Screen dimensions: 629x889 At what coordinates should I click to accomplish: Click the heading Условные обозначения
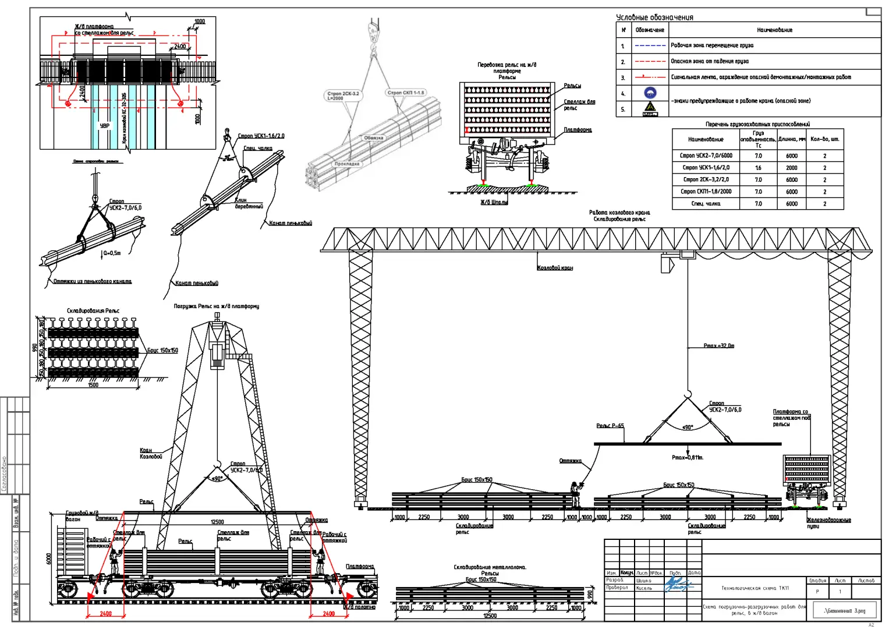coord(654,17)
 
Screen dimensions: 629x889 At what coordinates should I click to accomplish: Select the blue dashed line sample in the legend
coord(650,45)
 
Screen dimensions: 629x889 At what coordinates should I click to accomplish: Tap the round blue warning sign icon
coord(650,93)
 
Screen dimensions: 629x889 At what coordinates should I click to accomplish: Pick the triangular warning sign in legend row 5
coord(650,108)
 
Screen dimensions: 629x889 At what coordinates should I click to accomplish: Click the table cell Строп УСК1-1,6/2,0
coord(706,168)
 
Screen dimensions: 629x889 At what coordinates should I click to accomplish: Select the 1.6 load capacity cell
coord(758,168)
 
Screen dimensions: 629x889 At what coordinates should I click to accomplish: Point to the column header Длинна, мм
coord(791,139)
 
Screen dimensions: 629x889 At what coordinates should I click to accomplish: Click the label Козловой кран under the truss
coord(554,268)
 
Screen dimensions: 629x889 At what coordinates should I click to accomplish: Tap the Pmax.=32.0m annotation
coord(718,346)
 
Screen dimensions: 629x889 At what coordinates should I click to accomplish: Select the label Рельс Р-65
coord(610,426)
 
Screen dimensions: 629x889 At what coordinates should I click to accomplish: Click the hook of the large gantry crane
coord(688,393)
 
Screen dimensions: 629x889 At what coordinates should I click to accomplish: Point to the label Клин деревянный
coord(249,203)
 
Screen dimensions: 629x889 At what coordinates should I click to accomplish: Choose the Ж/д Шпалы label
coord(494,202)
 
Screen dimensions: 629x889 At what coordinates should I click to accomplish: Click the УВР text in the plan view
coord(104,126)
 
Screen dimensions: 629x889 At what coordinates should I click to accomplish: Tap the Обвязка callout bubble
coord(374,138)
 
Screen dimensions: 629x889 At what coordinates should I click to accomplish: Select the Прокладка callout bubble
coord(347,164)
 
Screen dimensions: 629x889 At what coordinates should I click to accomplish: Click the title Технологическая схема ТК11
coord(755,588)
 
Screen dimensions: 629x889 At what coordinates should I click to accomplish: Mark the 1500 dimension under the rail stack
coord(93,385)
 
